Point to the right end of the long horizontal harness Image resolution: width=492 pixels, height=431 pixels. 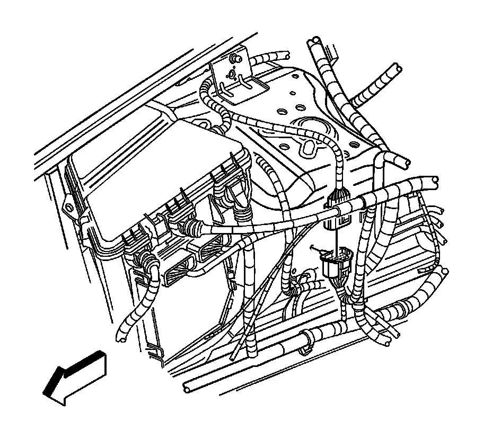(435, 180)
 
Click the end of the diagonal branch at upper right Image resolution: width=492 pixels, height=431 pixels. (396, 70)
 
